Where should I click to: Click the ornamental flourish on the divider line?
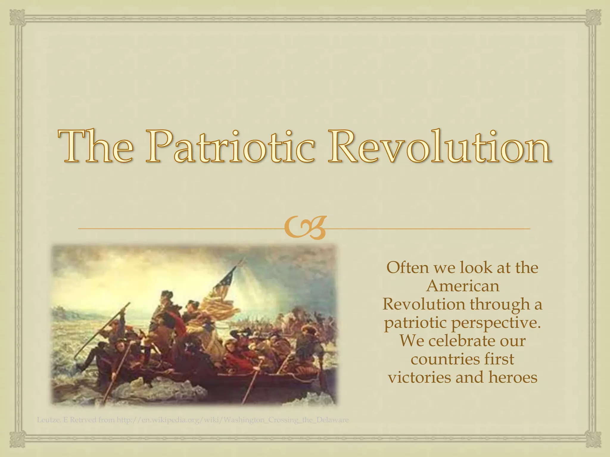pos(305,229)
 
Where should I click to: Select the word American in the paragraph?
pos(463,286)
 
